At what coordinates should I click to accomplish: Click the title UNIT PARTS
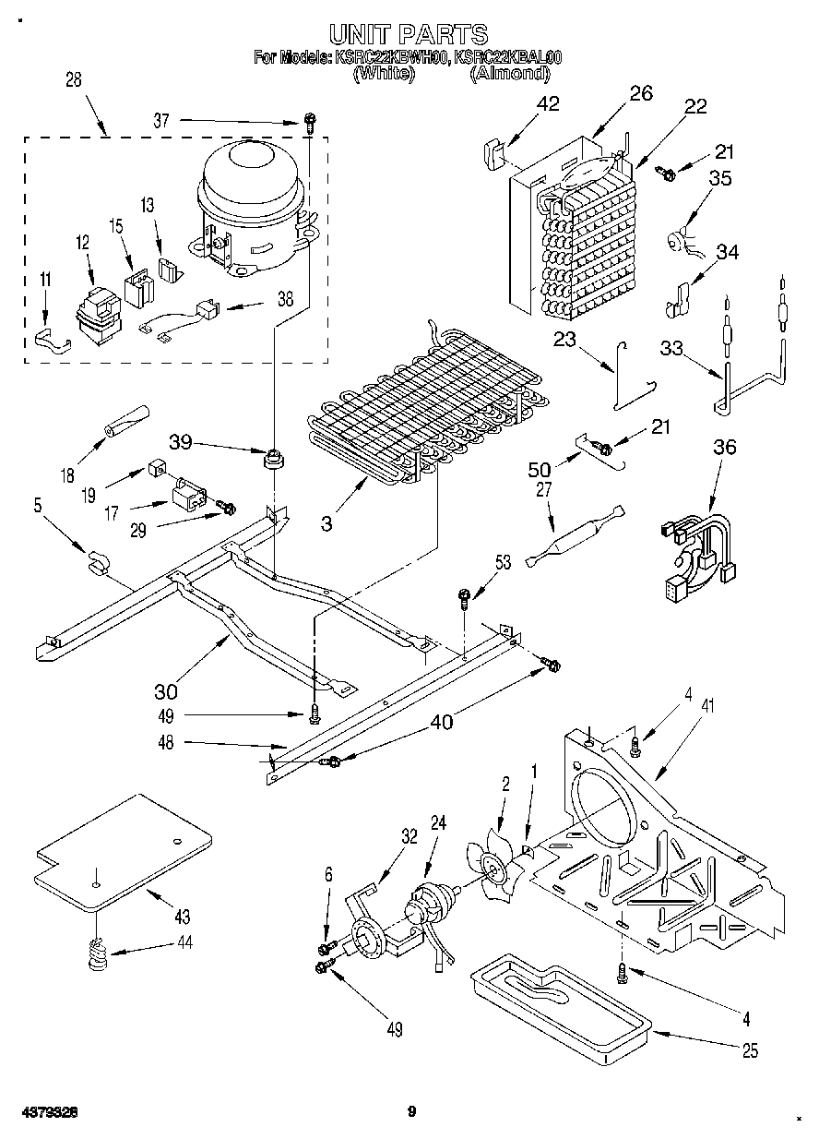tap(409, 35)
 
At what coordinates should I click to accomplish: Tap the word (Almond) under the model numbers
tap(509, 74)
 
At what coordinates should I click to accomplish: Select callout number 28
tap(73, 80)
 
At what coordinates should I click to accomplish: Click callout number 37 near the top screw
tap(162, 120)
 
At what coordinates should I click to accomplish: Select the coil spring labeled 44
tap(97, 953)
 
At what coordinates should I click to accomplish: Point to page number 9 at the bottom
tap(412, 1112)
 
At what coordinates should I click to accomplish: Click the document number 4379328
tap(45, 1112)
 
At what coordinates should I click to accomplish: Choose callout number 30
tap(166, 689)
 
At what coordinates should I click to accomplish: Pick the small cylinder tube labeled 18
tap(127, 419)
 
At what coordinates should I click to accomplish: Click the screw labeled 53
tap(464, 598)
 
